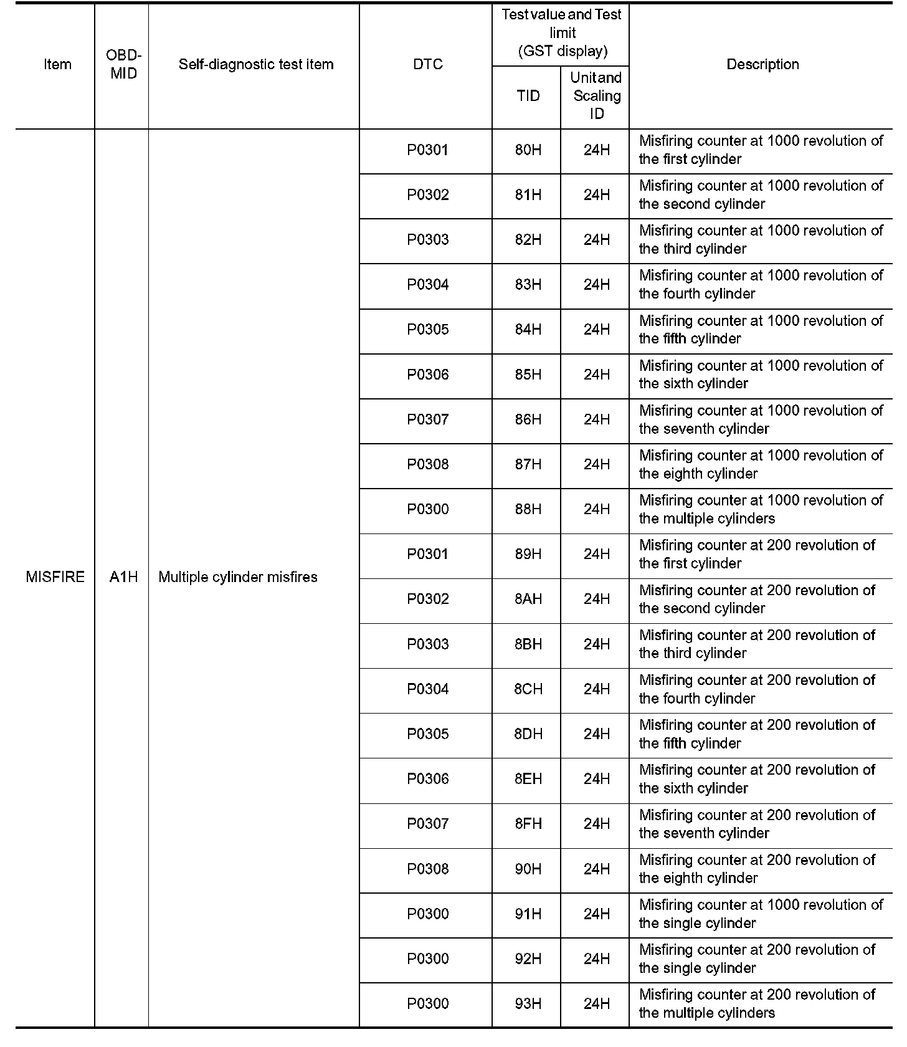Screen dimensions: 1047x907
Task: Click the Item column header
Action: (x=57, y=64)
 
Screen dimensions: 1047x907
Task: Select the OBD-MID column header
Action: (x=123, y=64)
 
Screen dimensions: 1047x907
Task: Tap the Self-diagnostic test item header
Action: (x=255, y=64)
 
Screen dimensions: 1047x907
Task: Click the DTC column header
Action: (x=428, y=64)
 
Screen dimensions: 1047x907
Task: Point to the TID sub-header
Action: (x=528, y=96)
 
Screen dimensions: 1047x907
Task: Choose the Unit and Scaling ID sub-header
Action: (x=596, y=96)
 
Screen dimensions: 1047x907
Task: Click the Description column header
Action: (x=762, y=64)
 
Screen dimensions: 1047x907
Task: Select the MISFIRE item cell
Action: (x=55, y=576)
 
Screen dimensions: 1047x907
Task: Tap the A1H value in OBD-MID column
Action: (x=123, y=576)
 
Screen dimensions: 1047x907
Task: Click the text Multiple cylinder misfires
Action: (x=238, y=576)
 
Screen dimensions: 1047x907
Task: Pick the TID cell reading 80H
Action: (x=528, y=150)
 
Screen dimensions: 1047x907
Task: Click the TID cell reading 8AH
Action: (x=528, y=599)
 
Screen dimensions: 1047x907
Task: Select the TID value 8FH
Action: (x=528, y=824)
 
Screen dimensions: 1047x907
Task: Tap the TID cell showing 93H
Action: (x=528, y=1003)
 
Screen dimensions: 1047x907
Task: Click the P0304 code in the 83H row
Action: (x=428, y=285)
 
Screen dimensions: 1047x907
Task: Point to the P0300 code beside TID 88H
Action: (x=428, y=509)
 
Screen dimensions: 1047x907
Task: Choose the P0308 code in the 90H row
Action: (x=428, y=869)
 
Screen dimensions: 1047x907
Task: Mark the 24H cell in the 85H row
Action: (x=596, y=375)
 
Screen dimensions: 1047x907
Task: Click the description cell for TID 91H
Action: (x=761, y=914)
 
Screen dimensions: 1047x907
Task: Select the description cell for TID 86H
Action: (x=761, y=419)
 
